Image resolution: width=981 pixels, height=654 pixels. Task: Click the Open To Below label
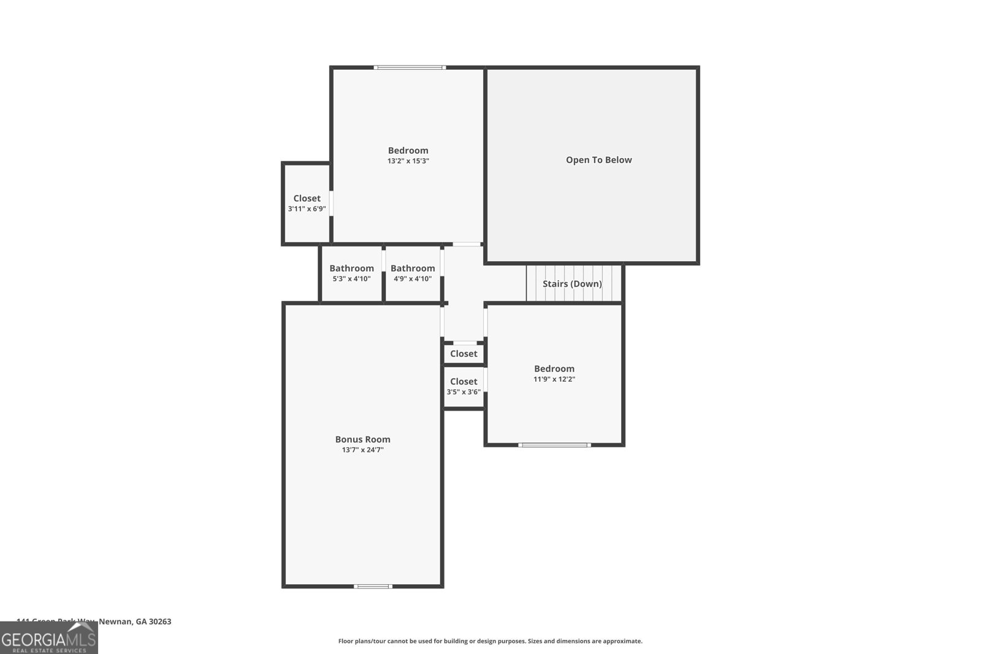pos(598,160)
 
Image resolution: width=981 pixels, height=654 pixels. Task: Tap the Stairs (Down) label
pos(572,284)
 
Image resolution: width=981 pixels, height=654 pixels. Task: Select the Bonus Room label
pos(362,439)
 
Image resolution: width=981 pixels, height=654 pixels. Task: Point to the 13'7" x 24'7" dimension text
pos(362,450)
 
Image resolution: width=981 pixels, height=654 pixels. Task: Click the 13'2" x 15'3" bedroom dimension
pos(408,161)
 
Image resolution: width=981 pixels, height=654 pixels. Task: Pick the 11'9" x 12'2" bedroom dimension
pos(554,379)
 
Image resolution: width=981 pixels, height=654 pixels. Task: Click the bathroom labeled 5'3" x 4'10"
pos(351,273)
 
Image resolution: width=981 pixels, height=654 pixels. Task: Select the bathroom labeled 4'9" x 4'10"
pos(413,273)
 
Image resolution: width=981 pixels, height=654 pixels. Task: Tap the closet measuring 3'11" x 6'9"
pos(307,203)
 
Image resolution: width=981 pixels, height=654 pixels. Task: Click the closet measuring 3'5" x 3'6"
pos(464,386)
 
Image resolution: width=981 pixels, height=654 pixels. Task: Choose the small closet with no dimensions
pos(464,354)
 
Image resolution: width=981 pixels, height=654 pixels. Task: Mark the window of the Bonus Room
pos(373,587)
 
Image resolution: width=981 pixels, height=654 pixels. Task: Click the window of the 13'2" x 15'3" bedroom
pos(410,67)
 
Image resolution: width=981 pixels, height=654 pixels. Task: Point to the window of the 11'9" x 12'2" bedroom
pos(554,445)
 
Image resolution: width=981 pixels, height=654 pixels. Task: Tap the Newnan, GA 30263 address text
pos(135,622)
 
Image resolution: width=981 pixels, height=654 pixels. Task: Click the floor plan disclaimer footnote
pos(490,641)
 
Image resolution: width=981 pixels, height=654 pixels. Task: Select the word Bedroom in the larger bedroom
pos(408,150)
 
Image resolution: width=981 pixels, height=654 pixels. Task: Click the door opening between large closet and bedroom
pos(332,203)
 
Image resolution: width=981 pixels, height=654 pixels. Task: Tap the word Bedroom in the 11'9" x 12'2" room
pos(554,368)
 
